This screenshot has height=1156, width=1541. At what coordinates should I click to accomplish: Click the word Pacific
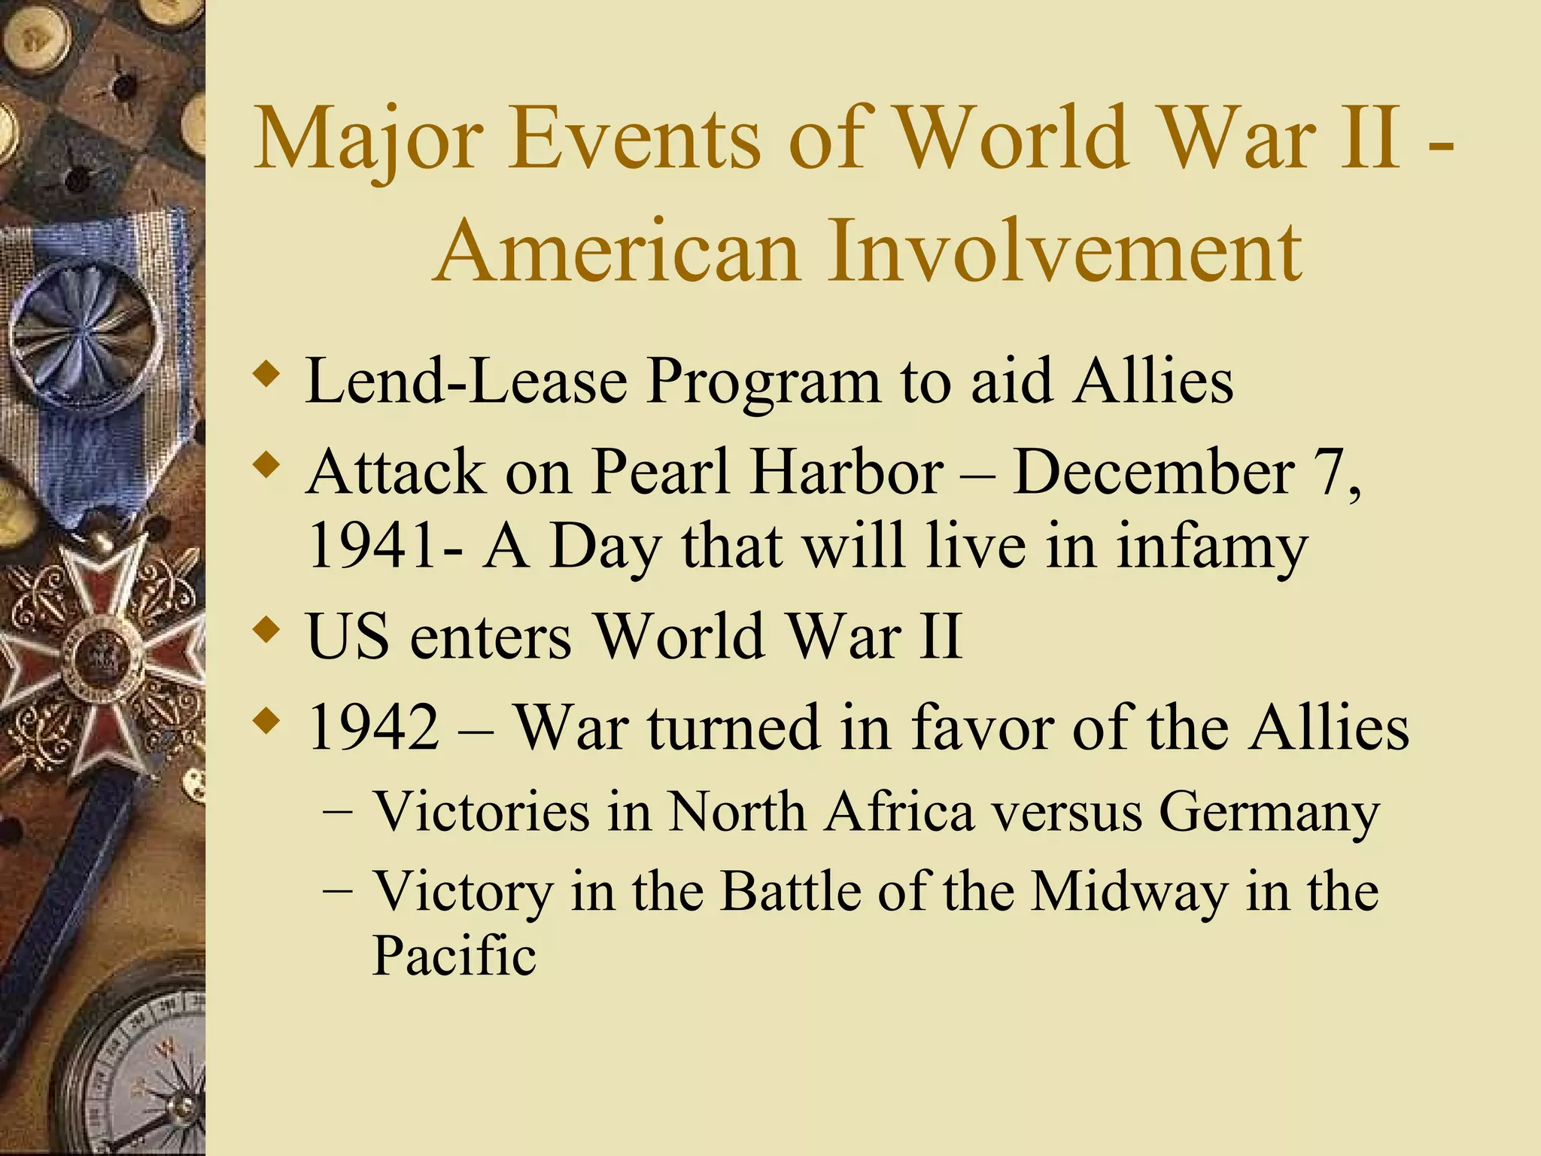point(454,956)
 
